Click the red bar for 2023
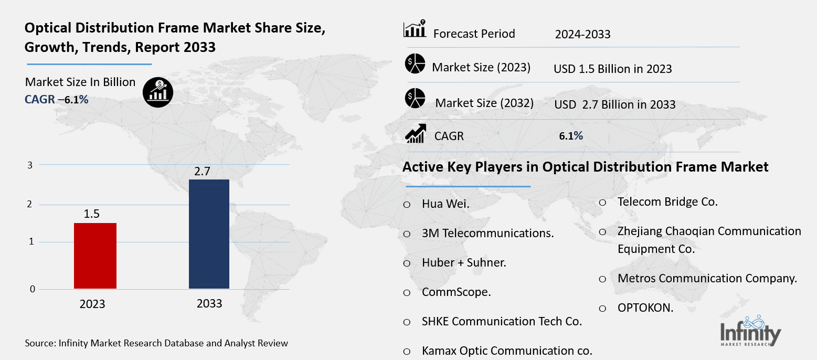point(95,256)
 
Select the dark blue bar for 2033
point(209,234)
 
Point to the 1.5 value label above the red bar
point(91,214)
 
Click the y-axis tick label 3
point(30,165)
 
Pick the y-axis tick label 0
point(33,289)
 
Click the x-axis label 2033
point(209,304)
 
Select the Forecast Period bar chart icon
point(414,31)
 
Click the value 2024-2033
point(582,35)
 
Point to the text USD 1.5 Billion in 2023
point(612,69)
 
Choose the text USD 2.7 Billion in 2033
point(614,104)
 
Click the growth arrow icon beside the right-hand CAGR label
point(415,134)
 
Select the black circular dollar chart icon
point(158,93)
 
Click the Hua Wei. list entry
point(445,204)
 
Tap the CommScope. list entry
point(456,292)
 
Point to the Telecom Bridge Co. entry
point(667,202)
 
